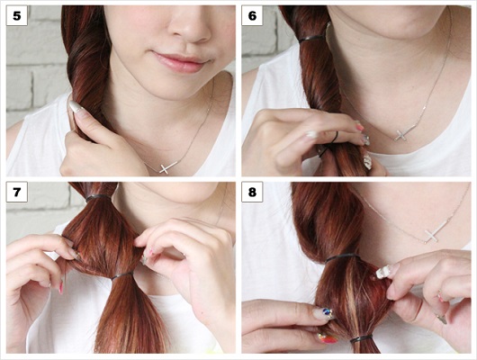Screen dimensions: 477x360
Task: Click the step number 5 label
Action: pos(17,15)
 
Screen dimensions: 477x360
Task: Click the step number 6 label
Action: pos(252,15)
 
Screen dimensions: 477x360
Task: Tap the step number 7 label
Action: pos(17,192)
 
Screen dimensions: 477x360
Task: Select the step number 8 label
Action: pos(252,192)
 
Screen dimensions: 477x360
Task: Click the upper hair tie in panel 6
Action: pos(311,39)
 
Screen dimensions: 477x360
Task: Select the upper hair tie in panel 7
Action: pos(98,198)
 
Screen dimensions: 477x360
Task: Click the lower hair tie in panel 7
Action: pos(122,275)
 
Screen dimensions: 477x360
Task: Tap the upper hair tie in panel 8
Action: pos(343,258)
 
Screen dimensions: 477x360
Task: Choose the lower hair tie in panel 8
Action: pos(362,338)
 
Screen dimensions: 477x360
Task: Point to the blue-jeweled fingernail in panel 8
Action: pos(324,313)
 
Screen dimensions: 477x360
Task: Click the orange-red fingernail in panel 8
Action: pos(328,337)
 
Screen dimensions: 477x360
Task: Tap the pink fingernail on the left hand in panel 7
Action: pos(61,287)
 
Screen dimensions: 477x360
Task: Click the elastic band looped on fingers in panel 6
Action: pos(329,144)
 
